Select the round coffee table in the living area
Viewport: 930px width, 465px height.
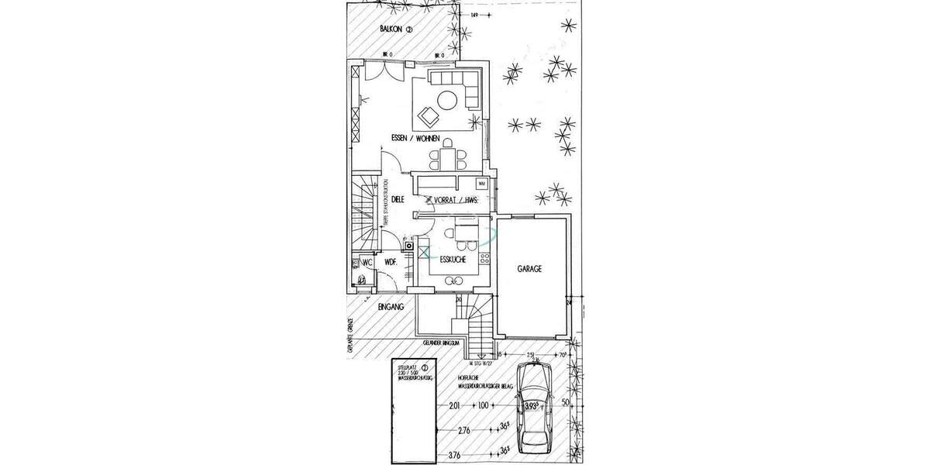[447, 99]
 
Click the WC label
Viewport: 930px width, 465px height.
[367, 263]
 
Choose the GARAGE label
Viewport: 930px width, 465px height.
[529, 269]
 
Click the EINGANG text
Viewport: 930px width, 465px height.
[391, 308]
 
